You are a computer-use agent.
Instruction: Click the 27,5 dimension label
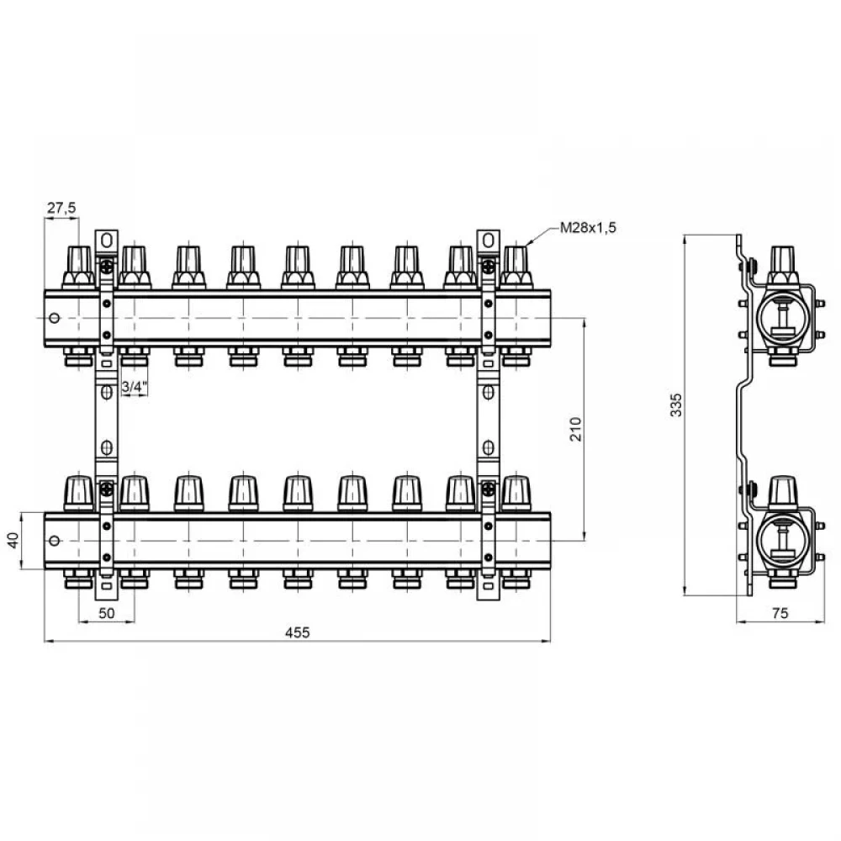pos(61,208)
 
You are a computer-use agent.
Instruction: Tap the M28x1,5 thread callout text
pos(588,227)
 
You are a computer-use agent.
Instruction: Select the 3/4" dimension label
pos(134,386)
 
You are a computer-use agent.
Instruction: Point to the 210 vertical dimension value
pos(575,429)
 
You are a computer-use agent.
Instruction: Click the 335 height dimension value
pos(676,405)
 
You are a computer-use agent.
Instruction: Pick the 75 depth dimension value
pos(780,612)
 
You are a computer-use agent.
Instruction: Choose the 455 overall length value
pos(297,632)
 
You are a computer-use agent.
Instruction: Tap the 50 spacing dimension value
pos(107,612)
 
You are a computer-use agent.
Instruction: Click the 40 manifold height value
pos(14,540)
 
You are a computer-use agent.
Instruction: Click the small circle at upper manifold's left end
pos(54,318)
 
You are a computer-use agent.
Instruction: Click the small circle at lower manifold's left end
pos(54,541)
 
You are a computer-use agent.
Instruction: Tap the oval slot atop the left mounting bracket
pos(107,241)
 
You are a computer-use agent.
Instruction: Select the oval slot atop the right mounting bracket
pos(488,241)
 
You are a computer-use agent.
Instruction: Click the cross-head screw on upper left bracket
pos(107,266)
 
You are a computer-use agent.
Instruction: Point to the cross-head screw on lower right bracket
pos(488,489)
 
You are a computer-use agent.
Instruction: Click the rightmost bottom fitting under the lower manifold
pos(516,579)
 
